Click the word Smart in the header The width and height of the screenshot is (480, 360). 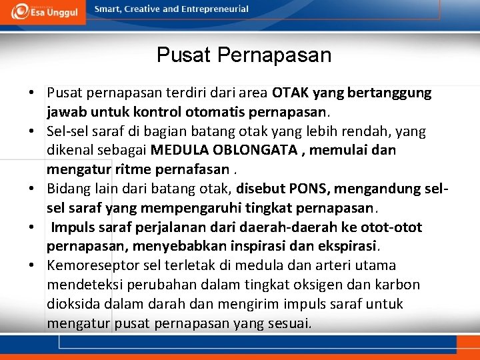107,9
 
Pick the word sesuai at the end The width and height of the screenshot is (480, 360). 291,324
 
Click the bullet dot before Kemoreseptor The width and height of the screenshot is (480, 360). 32,266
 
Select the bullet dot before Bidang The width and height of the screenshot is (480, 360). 32,189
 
